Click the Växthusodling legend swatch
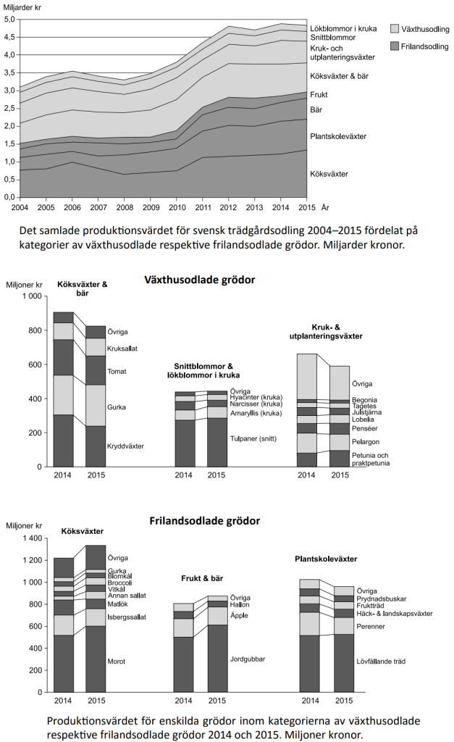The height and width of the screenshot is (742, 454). [395, 29]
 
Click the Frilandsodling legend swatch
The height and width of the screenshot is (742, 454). [395, 46]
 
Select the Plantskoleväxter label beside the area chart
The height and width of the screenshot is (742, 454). [338, 136]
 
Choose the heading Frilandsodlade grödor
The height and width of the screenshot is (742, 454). [204, 521]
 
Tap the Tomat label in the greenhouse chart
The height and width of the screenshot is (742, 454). [117, 372]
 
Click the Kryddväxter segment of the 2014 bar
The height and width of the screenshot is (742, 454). [64, 441]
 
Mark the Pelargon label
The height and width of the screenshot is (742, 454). [366, 441]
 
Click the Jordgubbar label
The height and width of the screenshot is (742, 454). [247, 659]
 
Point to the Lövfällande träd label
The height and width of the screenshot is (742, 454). [377, 661]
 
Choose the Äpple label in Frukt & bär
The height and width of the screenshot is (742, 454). [240, 615]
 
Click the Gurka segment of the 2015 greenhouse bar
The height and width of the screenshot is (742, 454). [96, 405]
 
